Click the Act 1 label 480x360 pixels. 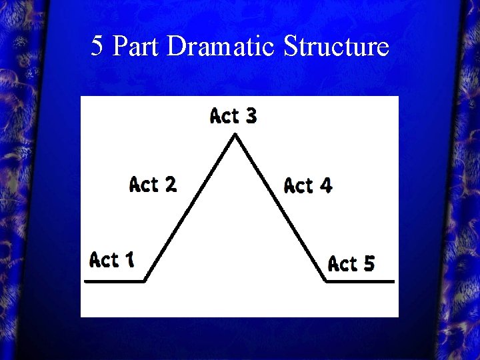pos(111,259)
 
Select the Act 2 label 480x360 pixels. pos(153,183)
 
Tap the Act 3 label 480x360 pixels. pos(233,116)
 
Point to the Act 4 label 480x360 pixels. pos(307,185)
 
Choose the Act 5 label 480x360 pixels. pos(351,264)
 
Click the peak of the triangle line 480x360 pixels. pos(235,135)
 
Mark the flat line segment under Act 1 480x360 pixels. pos(115,281)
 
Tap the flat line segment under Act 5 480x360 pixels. pos(360,281)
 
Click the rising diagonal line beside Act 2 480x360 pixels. pos(190,208)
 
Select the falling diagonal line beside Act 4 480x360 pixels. pos(280,208)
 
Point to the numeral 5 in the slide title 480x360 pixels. pos(97,46)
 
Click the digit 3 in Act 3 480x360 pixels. pos(250,116)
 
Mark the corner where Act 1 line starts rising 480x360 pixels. pos(145,281)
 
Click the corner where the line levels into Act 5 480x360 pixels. pos(326,281)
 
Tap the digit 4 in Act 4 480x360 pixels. pos(325,185)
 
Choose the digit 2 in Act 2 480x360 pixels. pos(170,183)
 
